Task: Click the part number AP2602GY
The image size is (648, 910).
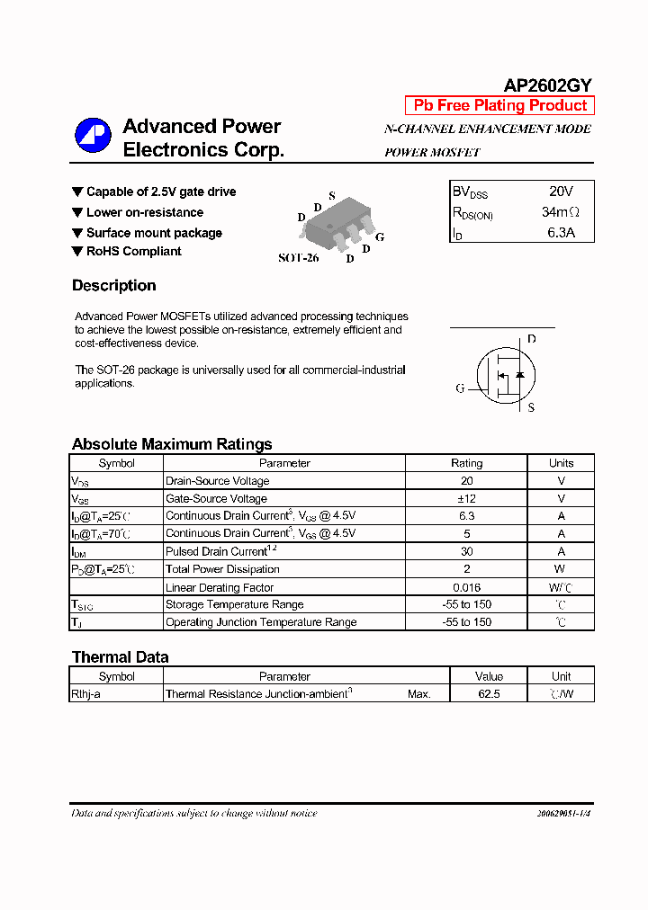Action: click(x=547, y=85)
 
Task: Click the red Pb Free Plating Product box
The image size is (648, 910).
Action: click(x=499, y=105)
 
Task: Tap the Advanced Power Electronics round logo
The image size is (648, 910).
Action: click(x=92, y=137)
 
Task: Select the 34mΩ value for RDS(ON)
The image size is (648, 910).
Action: click(x=560, y=212)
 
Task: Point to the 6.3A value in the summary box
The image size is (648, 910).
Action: click(x=560, y=233)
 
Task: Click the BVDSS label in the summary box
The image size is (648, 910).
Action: click(x=470, y=192)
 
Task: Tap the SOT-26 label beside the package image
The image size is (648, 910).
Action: click(x=298, y=257)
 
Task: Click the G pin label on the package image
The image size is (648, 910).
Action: click(x=380, y=236)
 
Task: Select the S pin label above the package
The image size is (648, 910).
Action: click(x=331, y=195)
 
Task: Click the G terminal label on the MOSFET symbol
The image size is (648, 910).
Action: click(x=460, y=388)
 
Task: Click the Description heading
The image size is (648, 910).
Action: click(x=113, y=286)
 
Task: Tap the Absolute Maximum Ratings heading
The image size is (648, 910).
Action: click(x=171, y=444)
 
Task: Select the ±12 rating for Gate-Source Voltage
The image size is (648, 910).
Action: click(x=466, y=498)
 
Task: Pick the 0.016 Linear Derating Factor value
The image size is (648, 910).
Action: click(x=466, y=586)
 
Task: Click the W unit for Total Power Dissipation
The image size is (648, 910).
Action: click(x=560, y=569)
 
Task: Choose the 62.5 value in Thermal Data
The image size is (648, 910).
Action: click(x=490, y=694)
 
